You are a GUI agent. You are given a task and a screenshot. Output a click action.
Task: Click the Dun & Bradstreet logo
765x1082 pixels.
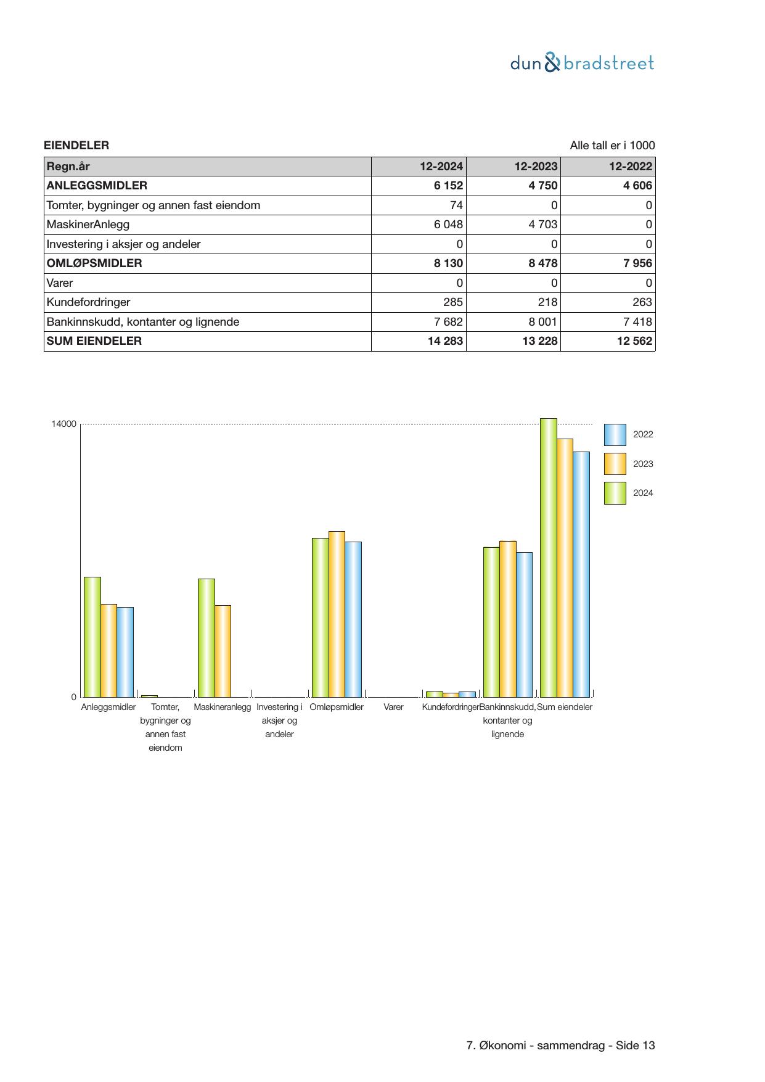point(582,63)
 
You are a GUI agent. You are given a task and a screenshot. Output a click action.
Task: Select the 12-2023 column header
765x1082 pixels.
point(536,167)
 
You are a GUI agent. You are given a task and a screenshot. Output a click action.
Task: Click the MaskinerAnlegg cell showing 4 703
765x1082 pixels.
point(542,225)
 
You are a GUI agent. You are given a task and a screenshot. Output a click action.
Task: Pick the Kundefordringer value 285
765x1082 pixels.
point(453,302)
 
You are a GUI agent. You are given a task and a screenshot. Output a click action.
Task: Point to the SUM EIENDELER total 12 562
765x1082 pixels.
point(634,341)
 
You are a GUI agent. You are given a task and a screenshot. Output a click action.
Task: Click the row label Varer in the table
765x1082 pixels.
point(60,283)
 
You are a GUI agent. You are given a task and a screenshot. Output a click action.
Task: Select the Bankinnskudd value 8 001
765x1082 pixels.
point(542,322)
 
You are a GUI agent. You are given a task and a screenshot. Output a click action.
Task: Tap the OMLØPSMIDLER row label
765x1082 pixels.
point(94,263)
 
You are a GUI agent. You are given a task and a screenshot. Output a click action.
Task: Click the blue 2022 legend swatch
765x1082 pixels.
point(615,435)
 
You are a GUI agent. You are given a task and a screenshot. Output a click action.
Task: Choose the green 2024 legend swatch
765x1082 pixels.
point(615,494)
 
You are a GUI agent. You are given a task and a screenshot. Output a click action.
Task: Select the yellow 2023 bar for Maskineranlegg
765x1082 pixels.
point(223,651)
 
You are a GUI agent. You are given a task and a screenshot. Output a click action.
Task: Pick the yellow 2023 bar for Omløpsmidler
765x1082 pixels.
point(337,614)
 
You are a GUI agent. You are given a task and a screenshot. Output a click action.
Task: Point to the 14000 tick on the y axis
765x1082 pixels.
point(64,424)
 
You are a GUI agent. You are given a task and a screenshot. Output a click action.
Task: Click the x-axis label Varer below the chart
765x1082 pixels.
point(393,708)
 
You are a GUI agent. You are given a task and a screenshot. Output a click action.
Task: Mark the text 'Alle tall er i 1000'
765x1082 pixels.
point(612,146)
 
